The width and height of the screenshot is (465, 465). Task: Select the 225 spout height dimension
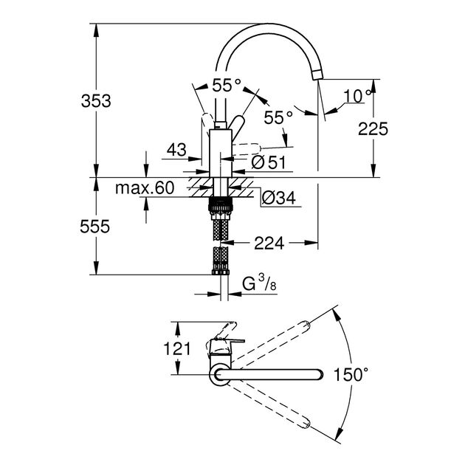tap(372, 129)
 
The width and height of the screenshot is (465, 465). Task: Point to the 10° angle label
tap(358, 94)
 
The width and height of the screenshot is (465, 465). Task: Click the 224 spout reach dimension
tap(269, 241)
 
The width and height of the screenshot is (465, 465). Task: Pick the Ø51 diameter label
tap(269, 162)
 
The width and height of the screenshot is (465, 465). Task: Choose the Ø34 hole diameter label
tap(278, 197)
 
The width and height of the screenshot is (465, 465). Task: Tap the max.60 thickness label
tap(144, 189)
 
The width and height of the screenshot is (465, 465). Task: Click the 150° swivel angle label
tap(351, 374)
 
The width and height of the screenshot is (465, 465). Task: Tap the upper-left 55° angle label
tap(226, 85)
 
